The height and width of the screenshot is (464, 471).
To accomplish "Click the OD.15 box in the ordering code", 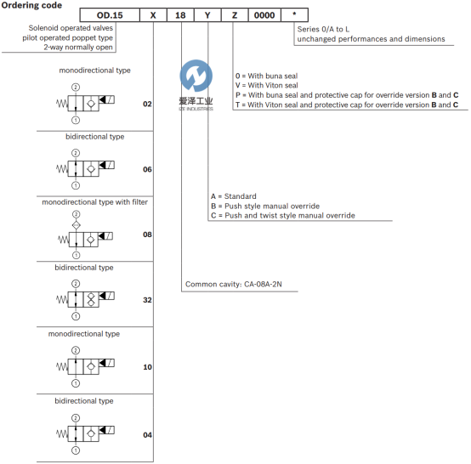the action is coord(110,15).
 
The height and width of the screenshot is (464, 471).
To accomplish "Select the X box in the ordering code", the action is coord(153,15).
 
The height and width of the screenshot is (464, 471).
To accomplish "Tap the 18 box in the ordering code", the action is coord(180,15).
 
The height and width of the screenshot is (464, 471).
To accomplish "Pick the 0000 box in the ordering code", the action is coord(264,15).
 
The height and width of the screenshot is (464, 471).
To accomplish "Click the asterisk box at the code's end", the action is coord(294,15).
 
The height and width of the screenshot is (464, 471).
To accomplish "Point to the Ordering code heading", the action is coord(31,5).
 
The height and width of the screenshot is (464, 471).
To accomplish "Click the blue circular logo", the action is coord(196,76).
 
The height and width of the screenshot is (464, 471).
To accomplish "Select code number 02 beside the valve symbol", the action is coord(147,104).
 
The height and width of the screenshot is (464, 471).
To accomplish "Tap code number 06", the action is coord(147,169).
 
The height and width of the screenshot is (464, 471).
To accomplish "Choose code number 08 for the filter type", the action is coord(147,235).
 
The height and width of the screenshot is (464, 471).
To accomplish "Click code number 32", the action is coord(147,300).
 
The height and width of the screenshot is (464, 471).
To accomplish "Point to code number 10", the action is coord(147,367).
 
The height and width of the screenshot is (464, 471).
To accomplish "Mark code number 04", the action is coord(147,435).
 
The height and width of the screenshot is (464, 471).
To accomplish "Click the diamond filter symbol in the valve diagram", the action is coord(77,225).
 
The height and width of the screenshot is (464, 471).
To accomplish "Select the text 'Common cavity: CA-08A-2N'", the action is coord(234,284).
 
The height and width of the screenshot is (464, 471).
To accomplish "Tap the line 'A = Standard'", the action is coord(234,196).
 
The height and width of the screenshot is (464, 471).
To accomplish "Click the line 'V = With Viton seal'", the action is coord(266,85).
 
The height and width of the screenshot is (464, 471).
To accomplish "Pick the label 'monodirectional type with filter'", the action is coord(95,202).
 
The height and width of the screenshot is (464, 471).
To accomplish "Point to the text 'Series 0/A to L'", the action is coord(323,29).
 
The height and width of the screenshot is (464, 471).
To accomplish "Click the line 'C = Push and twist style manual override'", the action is coord(282,216).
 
